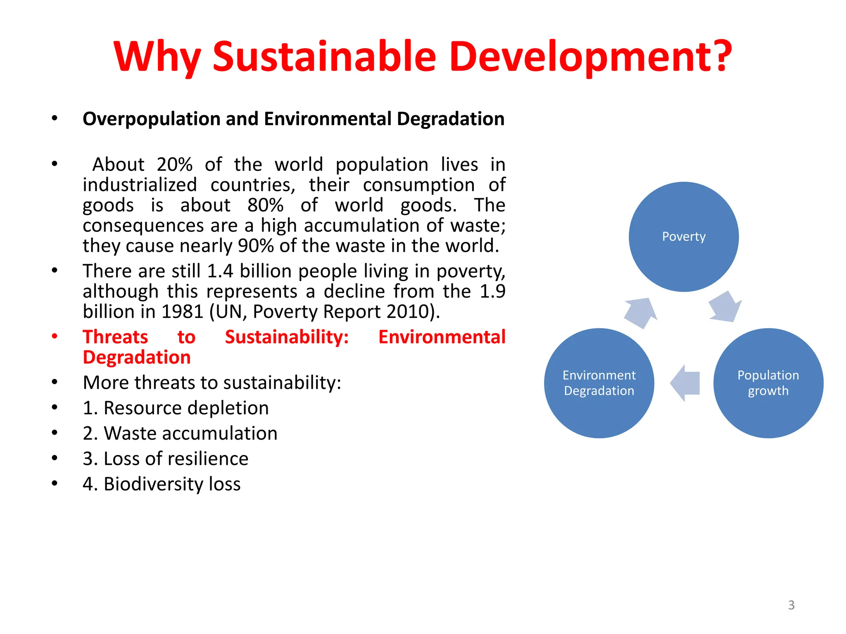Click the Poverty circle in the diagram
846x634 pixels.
(684, 237)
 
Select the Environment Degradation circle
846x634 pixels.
(599, 383)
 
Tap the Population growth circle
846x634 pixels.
(768, 383)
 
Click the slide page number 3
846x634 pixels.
(791, 605)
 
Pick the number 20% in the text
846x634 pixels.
(174, 165)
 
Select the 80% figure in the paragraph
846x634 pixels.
(265, 205)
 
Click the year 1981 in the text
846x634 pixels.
(182, 312)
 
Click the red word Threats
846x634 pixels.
(115, 337)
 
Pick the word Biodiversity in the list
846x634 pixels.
(154, 484)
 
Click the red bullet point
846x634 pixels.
(55, 336)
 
